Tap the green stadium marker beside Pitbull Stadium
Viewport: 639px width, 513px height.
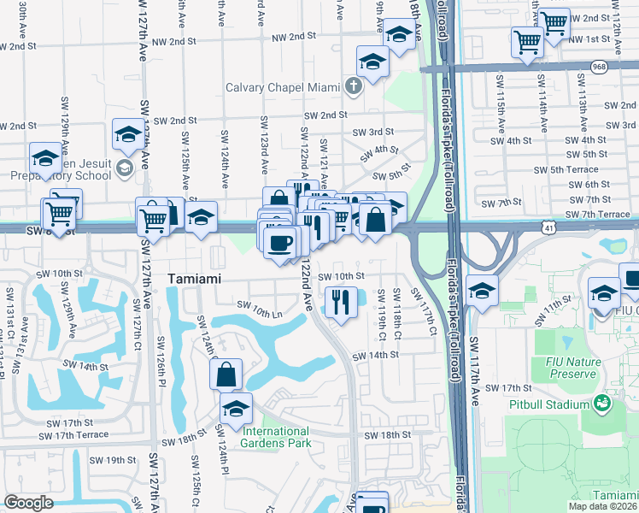point(606,402)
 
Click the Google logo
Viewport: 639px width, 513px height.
point(27,503)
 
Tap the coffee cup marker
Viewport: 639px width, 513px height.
point(279,243)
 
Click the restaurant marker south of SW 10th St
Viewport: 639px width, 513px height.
point(341,302)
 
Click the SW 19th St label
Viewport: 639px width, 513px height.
point(109,460)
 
